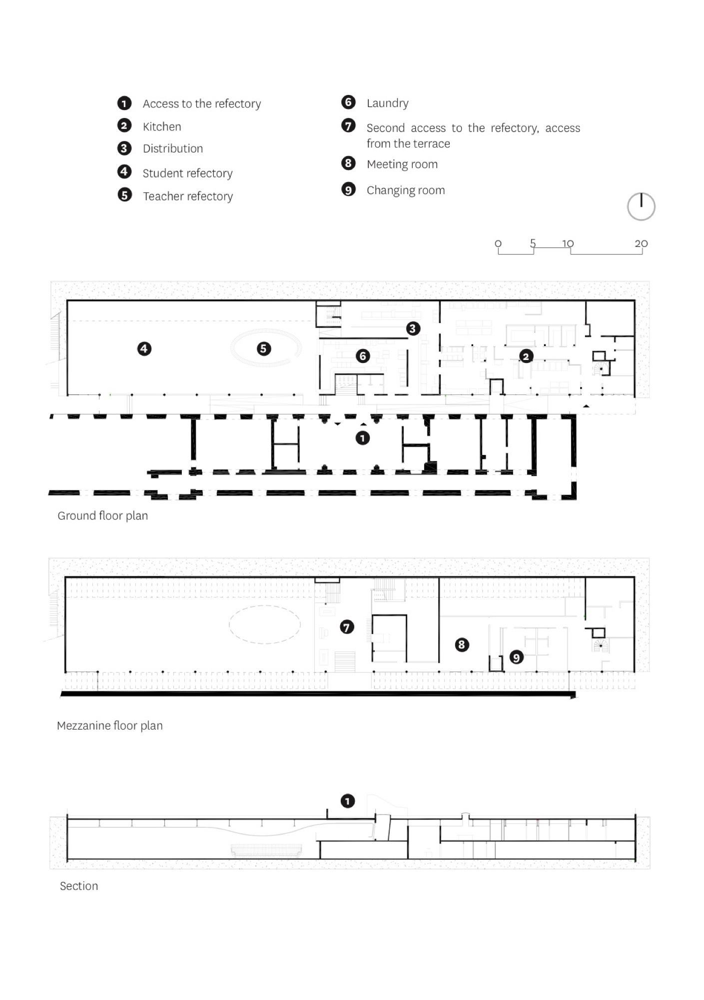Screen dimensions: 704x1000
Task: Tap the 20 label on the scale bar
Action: click(x=641, y=243)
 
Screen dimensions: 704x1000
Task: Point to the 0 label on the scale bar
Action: click(x=498, y=243)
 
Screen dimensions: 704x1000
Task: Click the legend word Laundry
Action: click(x=388, y=103)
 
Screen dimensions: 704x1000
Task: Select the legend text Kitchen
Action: click(x=162, y=126)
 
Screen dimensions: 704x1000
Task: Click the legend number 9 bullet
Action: click(x=348, y=189)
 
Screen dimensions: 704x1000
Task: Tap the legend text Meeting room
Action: click(x=402, y=164)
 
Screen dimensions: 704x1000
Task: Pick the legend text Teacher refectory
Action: click(x=188, y=196)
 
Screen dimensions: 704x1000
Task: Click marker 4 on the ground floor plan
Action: click(x=144, y=348)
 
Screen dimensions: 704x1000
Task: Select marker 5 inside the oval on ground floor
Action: click(x=264, y=348)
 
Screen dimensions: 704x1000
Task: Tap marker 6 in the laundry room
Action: click(x=363, y=356)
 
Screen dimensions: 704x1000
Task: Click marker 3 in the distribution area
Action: click(x=413, y=328)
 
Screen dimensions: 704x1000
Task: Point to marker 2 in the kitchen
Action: click(x=526, y=356)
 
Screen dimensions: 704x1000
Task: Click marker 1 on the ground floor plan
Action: click(x=363, y=438)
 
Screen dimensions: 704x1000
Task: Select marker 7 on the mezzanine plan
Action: click(x=347, y=627)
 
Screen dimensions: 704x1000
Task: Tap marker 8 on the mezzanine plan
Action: click(x=462, y=644)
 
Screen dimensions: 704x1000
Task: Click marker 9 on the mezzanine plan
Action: click(x=516, y=657)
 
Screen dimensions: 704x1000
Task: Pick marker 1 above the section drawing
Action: click(x=348, y=801)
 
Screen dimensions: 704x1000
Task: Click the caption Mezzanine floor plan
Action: click(x=110, y=725)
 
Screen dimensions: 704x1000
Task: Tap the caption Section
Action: click(x=79, y=886)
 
